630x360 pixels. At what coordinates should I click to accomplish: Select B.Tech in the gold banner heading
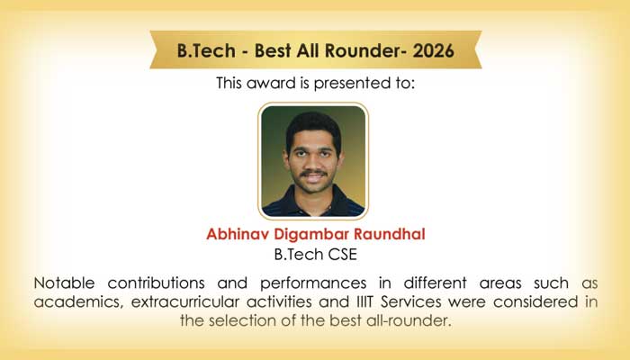(x=206, y=50)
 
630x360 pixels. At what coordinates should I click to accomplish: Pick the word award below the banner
(x=271, y=83)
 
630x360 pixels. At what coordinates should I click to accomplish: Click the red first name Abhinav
(x=238, y=234)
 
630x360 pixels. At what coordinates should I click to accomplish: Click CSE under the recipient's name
(x=342, y=255)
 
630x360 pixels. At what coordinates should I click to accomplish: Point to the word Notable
(x=64, y=283)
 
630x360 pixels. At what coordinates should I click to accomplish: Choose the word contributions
(x=156, y=283)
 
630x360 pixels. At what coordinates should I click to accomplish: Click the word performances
(x=313, y=283)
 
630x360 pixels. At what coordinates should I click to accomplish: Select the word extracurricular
(x=183, y=301)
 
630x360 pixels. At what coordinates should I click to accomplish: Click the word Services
(x=411, y=301)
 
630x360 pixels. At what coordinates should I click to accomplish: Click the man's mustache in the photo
(x=313, y=173)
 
